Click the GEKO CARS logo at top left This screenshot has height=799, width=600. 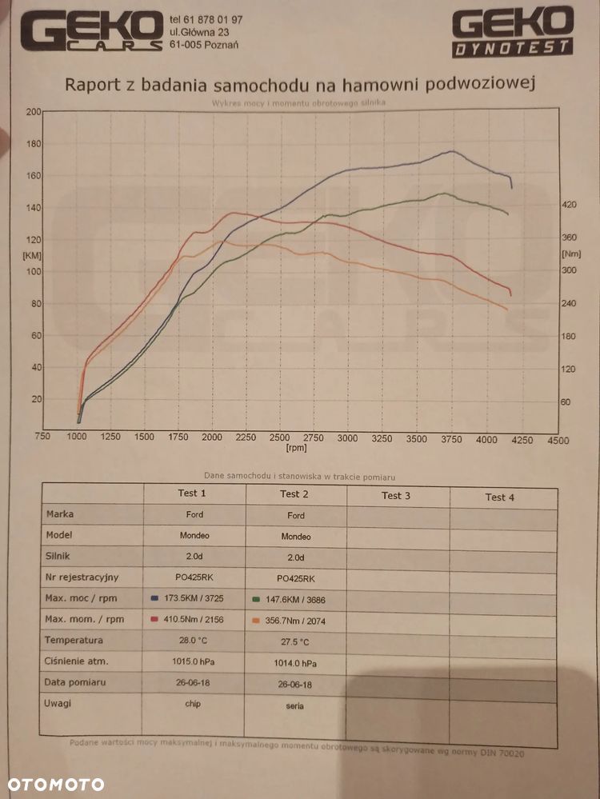[x=91, y=32]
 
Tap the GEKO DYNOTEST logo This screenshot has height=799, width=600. [x=512, y=32]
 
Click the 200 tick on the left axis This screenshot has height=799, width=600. [x=33, y=112]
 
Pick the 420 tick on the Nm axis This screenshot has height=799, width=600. [x=569, y=205]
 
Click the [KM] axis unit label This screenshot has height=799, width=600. [x=32, y=255]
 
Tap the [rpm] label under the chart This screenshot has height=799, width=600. [x=296, y=449]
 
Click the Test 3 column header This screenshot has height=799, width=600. [x=396, y=496]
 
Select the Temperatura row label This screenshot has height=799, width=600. [x=74, y=640]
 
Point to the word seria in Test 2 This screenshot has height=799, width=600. [x=295, y=705]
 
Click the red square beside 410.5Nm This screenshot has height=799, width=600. [x=154, y=619]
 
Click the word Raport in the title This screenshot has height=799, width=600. [x=94, y=86]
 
